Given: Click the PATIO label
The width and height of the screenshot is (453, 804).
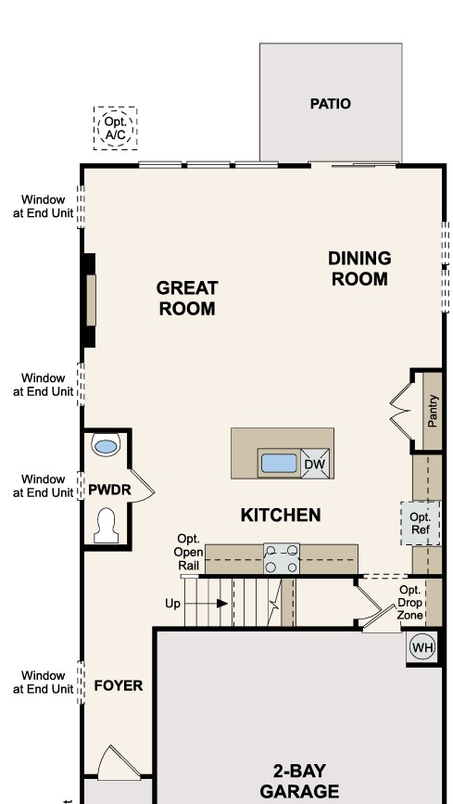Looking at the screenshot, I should (330, 104).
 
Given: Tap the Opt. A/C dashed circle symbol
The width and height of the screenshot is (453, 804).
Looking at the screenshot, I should (116, 128).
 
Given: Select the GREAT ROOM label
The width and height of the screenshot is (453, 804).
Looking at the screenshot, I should (186, 299).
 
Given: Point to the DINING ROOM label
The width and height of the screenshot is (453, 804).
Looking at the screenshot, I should (359, 268).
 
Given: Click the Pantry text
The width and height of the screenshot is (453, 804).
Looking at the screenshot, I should (434, 411).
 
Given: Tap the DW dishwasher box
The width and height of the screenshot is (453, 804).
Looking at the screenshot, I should (314, 464).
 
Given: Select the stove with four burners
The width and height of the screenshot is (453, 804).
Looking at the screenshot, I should (282, 559).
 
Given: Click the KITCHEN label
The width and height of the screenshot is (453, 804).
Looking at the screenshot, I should (281, 515).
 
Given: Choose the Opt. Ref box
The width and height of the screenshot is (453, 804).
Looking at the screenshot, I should (420, 524).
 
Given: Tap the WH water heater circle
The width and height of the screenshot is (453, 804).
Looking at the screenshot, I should (422, 647).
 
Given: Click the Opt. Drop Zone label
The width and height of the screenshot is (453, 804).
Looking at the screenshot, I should (409, 603).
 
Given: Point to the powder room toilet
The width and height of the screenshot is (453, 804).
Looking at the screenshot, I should (105, 525).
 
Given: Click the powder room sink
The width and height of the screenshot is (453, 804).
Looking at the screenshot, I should (107, 446).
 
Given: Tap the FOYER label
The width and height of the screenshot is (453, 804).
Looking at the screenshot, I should (119, 685).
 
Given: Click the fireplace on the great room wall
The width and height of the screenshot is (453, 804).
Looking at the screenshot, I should (90, 300).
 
